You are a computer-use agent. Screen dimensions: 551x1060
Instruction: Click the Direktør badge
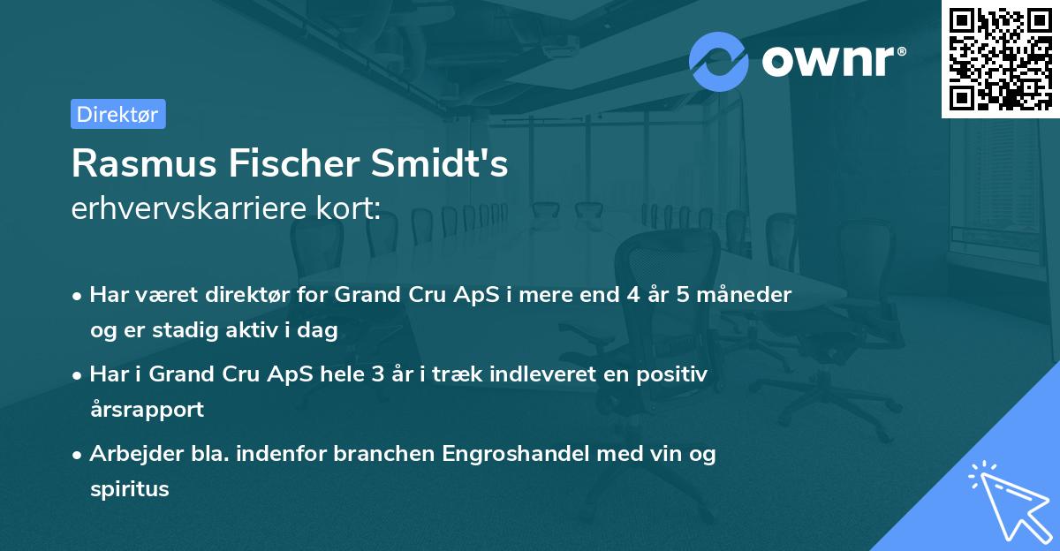click(x=117, y=114)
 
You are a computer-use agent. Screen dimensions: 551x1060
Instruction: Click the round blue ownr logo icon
click(x=719, y=60)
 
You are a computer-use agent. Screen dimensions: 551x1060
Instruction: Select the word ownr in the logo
click(x=832, y=60)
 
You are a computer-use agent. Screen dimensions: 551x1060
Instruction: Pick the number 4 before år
click(x=632, y=294)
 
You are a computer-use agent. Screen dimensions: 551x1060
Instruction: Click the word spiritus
click(x=129, y=489)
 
